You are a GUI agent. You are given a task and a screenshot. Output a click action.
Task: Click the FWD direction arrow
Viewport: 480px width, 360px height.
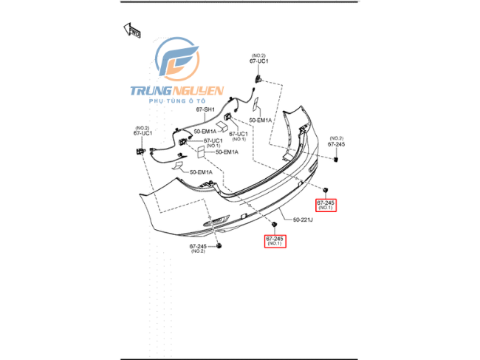click(x=132, y=30)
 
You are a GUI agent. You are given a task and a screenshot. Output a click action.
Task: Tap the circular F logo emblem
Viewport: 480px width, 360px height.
click(x=177, y=59)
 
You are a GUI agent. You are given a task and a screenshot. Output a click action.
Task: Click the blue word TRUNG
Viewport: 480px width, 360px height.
click(x=151, y=90)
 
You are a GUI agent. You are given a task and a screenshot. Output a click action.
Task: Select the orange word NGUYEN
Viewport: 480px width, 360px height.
click(x=198, y=90)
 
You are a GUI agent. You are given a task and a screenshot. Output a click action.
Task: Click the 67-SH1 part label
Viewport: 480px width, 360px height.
click(x=205, y=109)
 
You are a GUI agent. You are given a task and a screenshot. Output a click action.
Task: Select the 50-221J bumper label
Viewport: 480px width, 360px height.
click(x=303, y=220)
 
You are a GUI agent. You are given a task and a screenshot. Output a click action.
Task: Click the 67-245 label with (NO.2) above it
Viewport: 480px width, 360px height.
click(x=336, y=144)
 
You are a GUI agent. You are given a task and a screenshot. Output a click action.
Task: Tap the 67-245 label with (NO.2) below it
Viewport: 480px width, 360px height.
click(x=198, y=246)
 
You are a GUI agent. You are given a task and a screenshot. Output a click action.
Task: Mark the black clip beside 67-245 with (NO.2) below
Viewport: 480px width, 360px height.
click(x=219, y=245)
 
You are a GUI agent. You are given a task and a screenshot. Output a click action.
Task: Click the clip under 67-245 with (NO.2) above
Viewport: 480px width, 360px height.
click(x=336, y=160)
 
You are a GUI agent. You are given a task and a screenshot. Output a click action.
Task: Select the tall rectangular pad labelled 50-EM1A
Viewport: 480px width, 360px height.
click(x=201, y=152)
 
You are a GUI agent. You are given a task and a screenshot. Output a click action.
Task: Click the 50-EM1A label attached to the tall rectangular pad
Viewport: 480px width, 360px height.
click(x=227, y=152)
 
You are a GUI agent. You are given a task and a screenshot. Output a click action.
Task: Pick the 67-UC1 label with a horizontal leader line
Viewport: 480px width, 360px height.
click(x=213, y=140)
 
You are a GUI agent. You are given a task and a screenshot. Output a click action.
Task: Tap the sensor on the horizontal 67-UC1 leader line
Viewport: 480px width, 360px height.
click(x=182, y=141)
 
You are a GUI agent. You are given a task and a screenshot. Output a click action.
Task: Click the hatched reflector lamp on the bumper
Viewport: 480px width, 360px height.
click(x=216, y=220)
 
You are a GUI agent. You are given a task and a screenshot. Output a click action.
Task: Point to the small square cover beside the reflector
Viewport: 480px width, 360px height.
click(x=244, y=216)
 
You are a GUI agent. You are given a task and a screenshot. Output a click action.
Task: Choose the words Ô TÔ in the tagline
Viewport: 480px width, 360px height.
click(x=197, y=101)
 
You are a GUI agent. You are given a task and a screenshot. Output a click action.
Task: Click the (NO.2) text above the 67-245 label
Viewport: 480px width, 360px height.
click(x=337, y=138)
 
